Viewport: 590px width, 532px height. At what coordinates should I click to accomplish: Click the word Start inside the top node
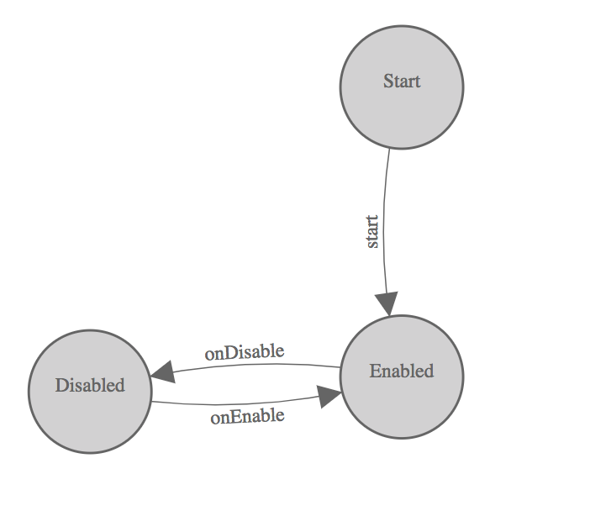(402, 82)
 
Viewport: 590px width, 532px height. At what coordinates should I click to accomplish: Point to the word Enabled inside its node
(402, 371)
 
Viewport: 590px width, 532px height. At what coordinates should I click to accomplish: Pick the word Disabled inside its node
(90, 386)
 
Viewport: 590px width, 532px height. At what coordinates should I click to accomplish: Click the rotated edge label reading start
(373, 232)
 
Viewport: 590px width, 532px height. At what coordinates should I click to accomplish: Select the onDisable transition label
(245, 352)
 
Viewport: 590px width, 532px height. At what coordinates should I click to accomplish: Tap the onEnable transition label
(247, 415)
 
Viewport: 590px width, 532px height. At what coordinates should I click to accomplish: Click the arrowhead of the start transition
(387, 303)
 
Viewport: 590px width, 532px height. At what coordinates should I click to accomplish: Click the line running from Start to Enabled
(384, 202)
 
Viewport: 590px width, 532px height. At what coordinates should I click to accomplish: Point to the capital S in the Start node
(388, 82)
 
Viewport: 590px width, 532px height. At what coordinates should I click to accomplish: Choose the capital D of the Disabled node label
(61, 386)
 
